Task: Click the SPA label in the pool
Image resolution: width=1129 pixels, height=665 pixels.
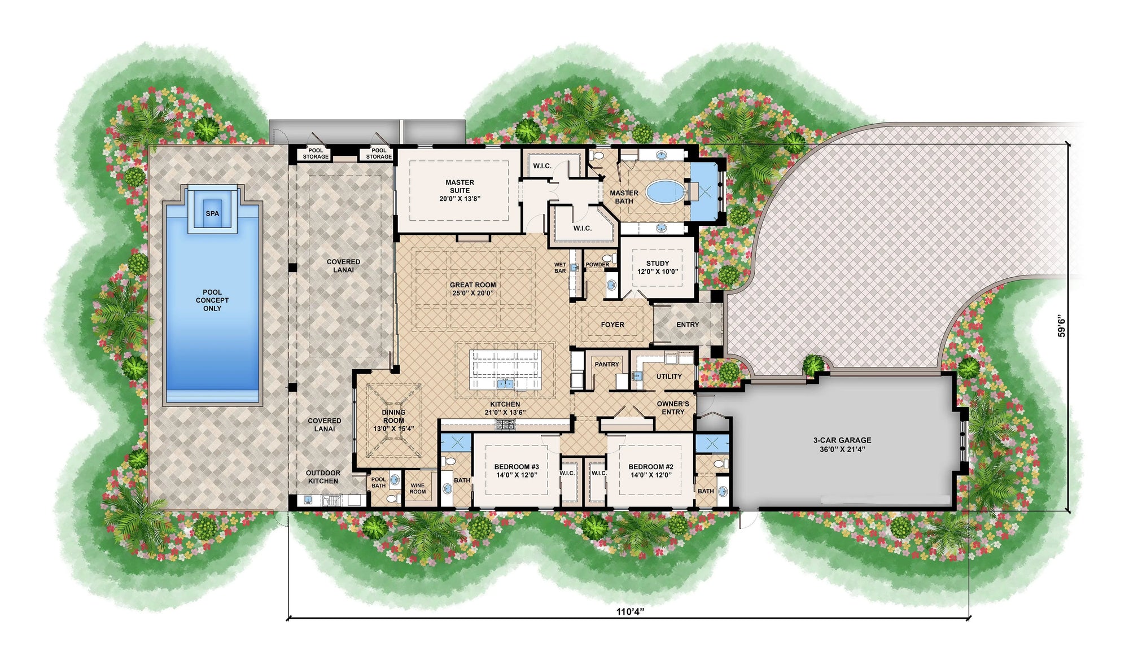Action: [212, 213]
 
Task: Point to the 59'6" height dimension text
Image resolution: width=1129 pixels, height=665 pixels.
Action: [1062, 326]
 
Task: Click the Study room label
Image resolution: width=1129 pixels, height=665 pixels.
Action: [658, 267]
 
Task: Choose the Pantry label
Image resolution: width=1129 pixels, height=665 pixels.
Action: [607, 365]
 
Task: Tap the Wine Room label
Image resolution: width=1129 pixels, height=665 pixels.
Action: [418, 488]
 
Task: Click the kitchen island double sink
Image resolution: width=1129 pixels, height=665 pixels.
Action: [505, 384]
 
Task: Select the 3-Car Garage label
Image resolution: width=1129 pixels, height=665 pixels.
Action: [842, 444]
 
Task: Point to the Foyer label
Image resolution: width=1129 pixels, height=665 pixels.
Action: [612, 325]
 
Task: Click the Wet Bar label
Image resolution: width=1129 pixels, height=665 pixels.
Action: [560, 268]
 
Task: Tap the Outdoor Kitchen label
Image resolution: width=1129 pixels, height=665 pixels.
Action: [323, 477]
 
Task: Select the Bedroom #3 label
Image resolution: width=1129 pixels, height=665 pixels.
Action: [517, 471]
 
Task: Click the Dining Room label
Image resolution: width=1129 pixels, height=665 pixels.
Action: [393, 421]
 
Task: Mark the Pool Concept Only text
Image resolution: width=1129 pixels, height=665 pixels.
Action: [212, 300]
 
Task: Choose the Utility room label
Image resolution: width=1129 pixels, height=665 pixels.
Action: [669, 377]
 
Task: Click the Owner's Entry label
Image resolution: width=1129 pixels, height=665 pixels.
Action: [673, 408]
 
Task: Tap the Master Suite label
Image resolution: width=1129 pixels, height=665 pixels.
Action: [460, 190]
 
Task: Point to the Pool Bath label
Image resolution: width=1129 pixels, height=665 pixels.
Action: [379, 483]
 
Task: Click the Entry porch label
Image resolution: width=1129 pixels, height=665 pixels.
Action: [688, 325]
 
